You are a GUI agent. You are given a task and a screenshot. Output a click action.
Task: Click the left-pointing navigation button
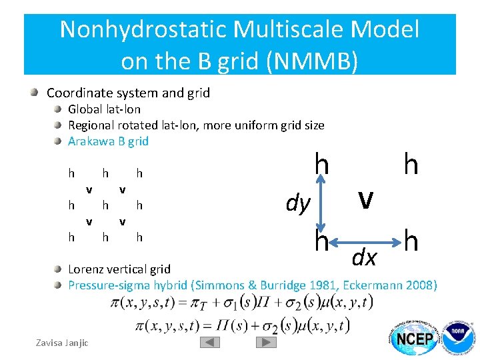(210, 342)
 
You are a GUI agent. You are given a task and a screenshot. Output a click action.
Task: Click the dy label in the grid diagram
(297, 203)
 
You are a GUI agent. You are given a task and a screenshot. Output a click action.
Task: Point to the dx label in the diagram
(364, 257)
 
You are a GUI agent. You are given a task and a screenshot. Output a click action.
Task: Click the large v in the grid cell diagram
(364, 197)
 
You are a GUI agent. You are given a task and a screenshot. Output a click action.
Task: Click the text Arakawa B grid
(108, 141)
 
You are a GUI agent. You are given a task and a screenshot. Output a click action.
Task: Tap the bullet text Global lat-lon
(104, 109)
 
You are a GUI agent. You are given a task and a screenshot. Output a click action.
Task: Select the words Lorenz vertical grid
(119, 269)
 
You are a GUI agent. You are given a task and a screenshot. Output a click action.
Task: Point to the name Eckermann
(372, 285)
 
